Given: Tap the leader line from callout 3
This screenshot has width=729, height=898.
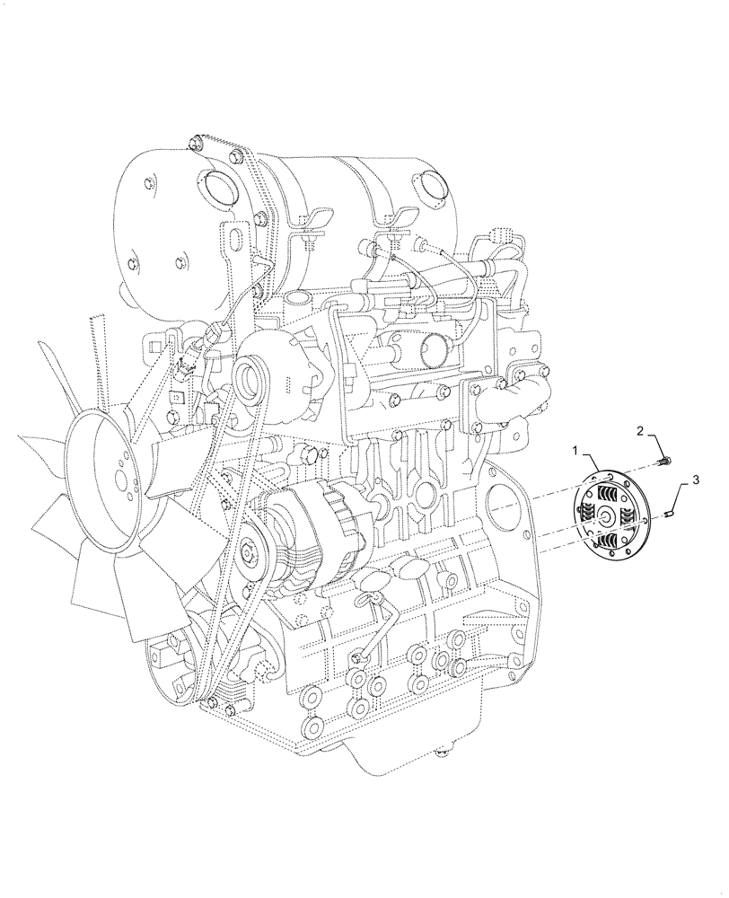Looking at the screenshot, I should coord(681,497).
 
